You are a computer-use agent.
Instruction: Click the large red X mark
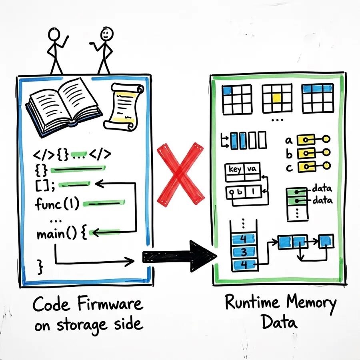tap(180, 174)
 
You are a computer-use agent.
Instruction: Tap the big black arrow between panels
tap(180, 256)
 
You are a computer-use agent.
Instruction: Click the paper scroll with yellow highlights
tap(123, 106)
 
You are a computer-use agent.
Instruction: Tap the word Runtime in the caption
tap(252, 302)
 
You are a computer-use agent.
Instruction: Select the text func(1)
tap(57, 204)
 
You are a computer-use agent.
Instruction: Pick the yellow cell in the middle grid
tap(277, 98)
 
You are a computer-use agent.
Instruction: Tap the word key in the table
tap(235, 169)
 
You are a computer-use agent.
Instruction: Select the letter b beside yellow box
tap(289, 154)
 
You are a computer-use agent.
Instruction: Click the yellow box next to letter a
tap(305, 139)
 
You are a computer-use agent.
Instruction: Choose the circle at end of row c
tap(326, 165)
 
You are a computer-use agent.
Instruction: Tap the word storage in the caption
tap(82, 325)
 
